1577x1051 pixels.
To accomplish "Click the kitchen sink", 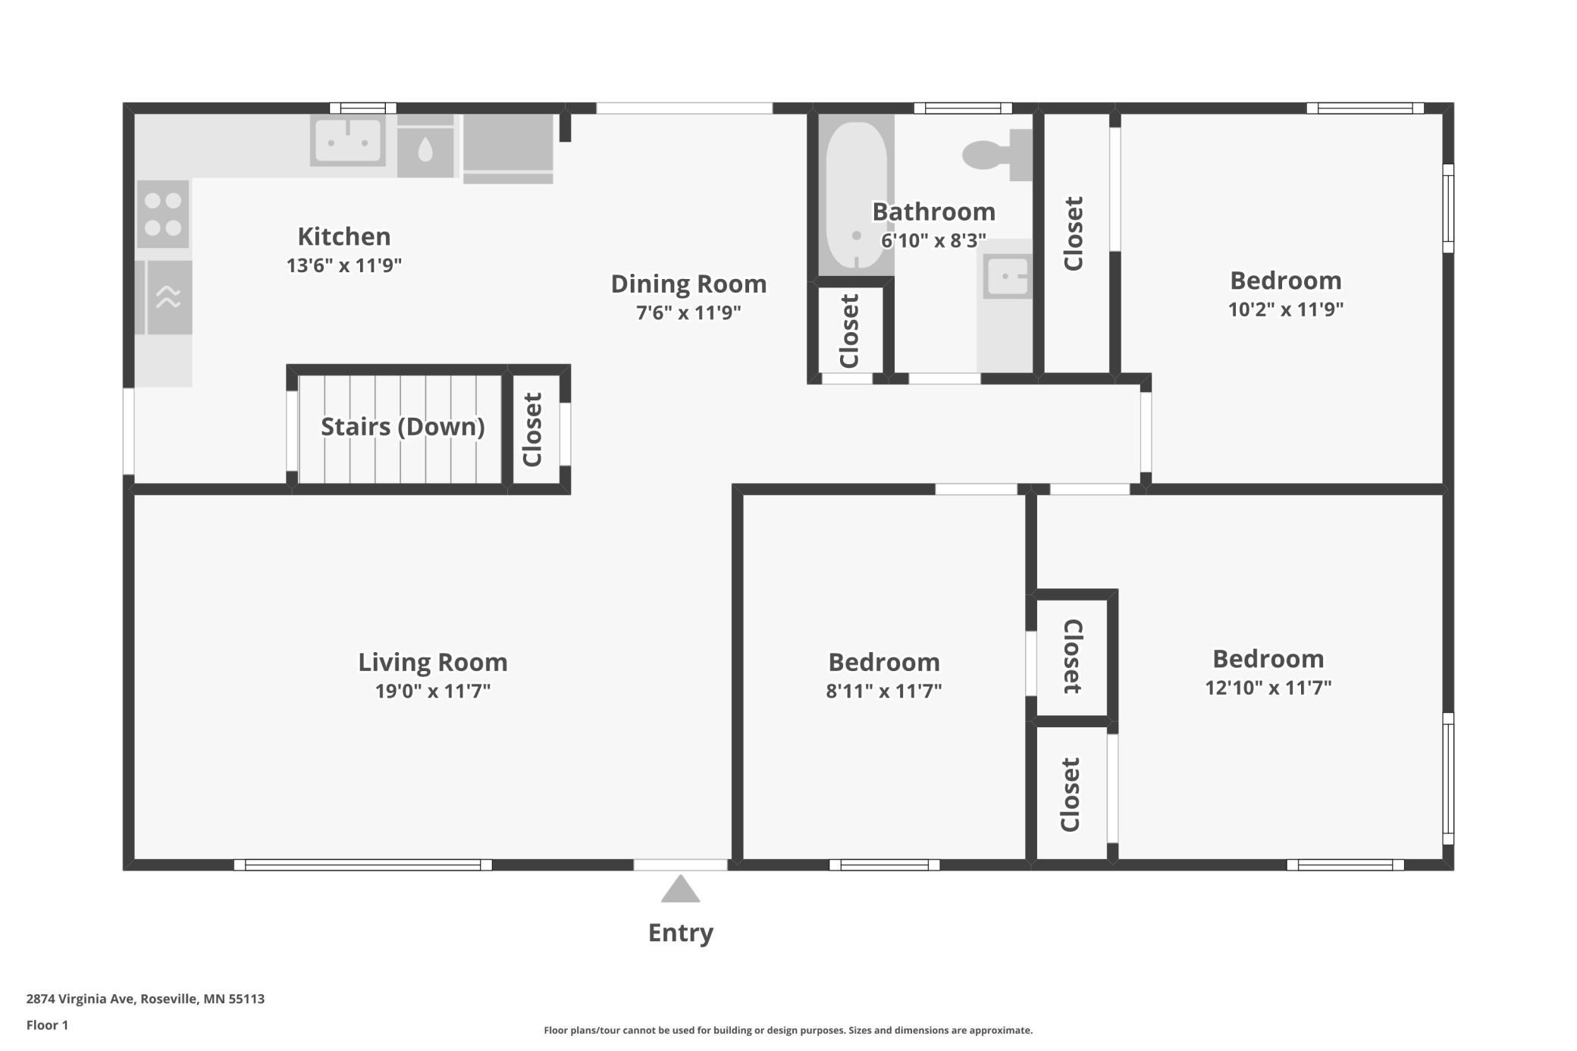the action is tap(348, 140).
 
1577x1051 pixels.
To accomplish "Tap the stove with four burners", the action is tap(163, 214).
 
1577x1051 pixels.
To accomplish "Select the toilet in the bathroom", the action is tap(998, 155).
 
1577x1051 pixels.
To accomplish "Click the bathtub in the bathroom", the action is tap(856, 195).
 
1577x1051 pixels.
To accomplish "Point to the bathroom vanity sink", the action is tap(1007, 276).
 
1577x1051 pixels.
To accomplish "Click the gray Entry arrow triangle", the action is tap(680, 889).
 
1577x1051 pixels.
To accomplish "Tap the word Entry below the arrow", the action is tap(681, 933).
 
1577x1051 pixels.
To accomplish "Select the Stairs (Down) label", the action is tap(403, 427).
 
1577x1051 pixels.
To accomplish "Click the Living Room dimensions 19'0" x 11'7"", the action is tap(433, 691).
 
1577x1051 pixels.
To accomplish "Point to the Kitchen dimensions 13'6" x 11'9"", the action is tap(344, 265).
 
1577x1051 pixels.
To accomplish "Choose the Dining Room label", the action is tap(688, 284).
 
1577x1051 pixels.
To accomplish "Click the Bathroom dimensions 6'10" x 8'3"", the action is tap(933, 240).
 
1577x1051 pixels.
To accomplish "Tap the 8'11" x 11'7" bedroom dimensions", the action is tap(884, 691).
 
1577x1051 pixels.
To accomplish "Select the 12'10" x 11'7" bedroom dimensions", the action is tap(1268, 687).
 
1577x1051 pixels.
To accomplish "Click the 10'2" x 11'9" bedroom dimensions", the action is tap(1286, 309).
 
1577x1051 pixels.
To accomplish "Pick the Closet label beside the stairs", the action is tap(533, 429).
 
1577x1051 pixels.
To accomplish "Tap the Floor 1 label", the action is tap(47, 1025).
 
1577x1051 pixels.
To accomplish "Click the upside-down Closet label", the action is tap(1072, 656).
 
